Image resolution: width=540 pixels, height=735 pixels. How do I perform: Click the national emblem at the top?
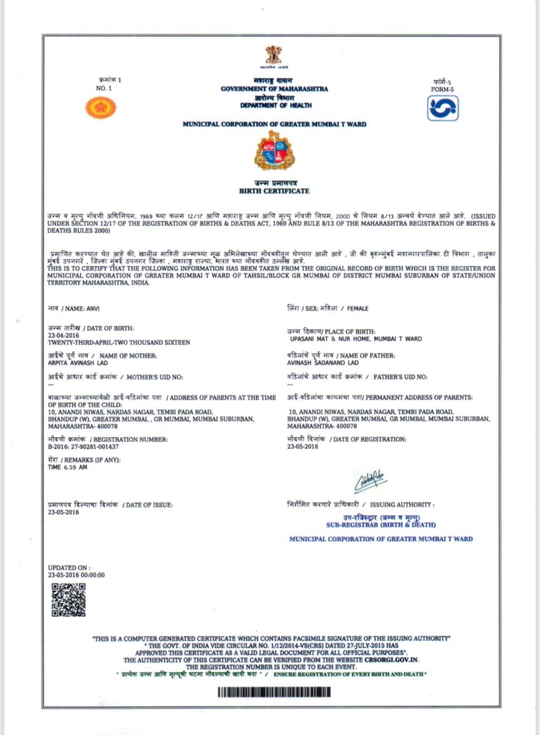[x=273, y=55]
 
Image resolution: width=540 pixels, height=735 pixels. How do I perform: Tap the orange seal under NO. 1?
[x=100, y=107]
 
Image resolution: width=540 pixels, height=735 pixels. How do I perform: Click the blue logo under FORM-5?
[x=442, y=108]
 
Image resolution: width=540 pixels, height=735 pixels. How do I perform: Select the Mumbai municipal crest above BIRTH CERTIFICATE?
[x=275, y=150]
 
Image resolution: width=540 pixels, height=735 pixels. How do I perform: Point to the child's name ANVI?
[x=98, y=308]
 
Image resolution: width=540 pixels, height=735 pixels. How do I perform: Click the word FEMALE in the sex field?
[x=358, y=308]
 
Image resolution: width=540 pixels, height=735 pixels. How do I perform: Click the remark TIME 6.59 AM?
[x=67, y=467]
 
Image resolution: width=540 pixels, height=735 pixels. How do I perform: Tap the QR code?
[x=68, y=600]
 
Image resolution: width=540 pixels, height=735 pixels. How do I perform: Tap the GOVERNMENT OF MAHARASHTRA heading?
[x=274, y=89]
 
